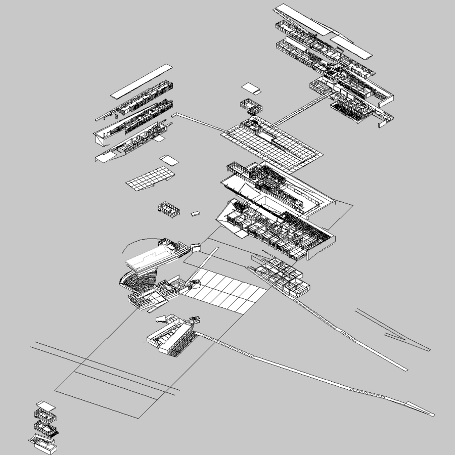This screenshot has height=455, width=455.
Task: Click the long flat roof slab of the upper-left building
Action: (x=142, y=81)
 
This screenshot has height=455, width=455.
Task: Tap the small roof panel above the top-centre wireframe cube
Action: (x=251, y=88)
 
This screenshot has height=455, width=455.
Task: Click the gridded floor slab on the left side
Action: (x=150, y=178)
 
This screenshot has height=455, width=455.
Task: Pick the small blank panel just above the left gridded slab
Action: (x=169, y=160)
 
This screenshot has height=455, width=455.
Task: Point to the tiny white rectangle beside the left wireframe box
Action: (x=195, y=214)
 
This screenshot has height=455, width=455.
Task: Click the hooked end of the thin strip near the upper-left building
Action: (x=173, y=115)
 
